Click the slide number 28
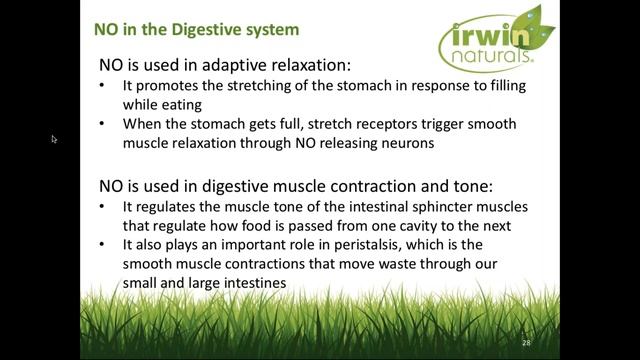[x=527, y=342]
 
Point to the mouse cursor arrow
[x=54, y=139]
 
